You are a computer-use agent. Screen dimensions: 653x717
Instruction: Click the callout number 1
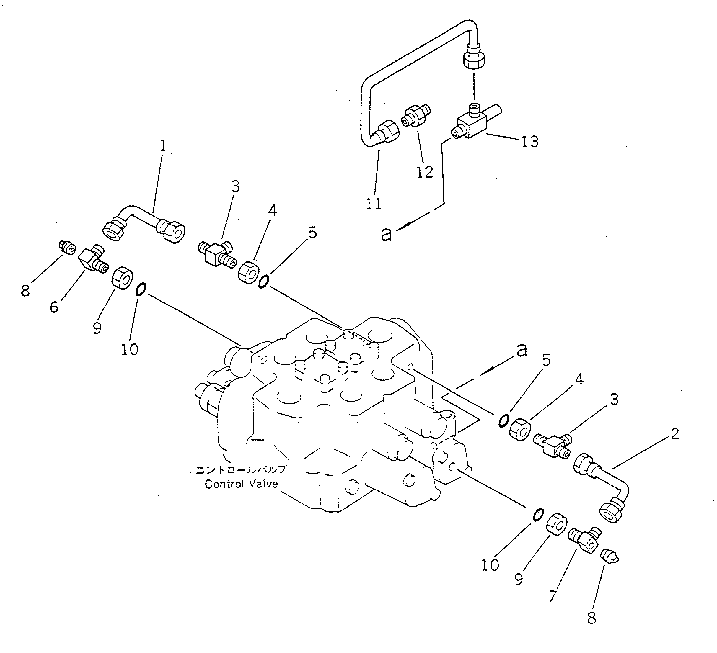click(x=162, y=146)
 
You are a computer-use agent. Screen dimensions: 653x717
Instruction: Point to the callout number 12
click(x=425, y=172)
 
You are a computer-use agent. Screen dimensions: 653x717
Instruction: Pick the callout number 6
click(x=54, y=307)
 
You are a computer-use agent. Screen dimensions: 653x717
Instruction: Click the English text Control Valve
click(x=241, y=484)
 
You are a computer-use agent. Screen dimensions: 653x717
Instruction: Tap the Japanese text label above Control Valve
click(x=241, y=470)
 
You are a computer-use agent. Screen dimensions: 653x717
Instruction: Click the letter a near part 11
click(x=386, y=234)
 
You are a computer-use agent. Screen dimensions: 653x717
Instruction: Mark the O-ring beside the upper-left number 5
click(x=263, y=282)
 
